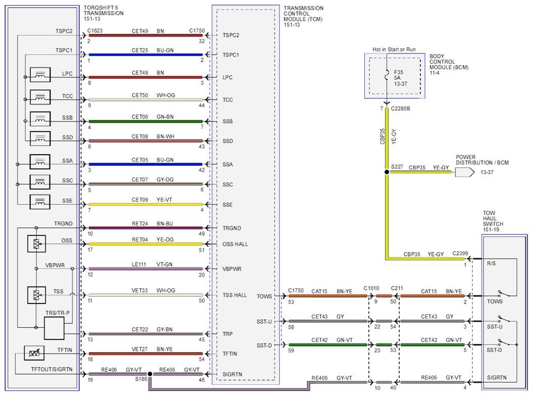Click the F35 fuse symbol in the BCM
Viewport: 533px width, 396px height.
point(386,75)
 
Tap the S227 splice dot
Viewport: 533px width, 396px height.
point(386,172)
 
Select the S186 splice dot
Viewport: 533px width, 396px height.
point(150,374)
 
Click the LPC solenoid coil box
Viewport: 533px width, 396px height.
point(40,75)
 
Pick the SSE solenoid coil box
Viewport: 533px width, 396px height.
point(40,202)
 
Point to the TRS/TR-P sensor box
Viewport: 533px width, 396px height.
point(54,328)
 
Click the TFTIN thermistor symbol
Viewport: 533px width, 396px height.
point(34,353)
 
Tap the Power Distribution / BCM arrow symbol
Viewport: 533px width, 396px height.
point(465,172)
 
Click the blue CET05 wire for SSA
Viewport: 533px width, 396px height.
point(146,164)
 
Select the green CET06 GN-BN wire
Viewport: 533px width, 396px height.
point(146,121)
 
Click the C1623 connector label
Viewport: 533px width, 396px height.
point(95,31)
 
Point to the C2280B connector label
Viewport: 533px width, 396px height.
point(401,109)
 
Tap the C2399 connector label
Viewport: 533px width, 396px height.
point(460,253)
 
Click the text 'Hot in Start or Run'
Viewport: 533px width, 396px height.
point(394,50)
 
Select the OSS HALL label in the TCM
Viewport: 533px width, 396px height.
point(235,244)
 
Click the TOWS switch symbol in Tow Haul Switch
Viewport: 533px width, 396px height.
point(504,293)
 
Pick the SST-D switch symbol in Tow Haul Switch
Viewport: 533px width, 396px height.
point(504,342)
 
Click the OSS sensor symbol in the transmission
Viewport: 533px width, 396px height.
point(36,244)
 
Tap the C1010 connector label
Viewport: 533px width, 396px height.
point(371,288)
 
